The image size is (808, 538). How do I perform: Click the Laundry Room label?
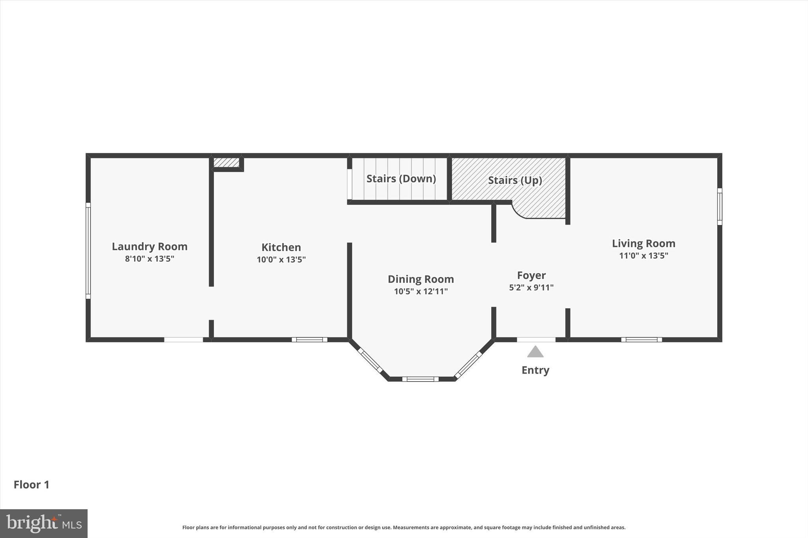150,247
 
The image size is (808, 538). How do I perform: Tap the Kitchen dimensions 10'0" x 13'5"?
281,260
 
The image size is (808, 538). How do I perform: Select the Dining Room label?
421,279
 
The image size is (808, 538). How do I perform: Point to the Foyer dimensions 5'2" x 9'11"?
531,288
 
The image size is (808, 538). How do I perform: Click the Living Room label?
643,243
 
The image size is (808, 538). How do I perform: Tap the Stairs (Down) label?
401,179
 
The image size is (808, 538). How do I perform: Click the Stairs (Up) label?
515,180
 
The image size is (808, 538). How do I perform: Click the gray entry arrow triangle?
535,352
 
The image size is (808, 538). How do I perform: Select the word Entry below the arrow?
535,370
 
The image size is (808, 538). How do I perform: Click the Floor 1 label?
32,485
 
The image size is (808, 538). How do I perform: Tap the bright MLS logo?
44,523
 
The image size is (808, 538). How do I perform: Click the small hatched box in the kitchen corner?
226,162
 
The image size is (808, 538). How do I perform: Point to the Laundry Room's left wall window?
88,250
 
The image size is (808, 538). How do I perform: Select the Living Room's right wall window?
719,207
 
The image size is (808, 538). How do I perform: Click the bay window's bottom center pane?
420,379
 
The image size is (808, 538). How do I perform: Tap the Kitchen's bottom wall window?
309,340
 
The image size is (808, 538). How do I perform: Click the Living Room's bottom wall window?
642,340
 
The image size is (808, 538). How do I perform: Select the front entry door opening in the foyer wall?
536,340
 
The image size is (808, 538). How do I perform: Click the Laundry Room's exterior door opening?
183,340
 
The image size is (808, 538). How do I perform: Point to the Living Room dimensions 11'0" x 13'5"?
643,256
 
